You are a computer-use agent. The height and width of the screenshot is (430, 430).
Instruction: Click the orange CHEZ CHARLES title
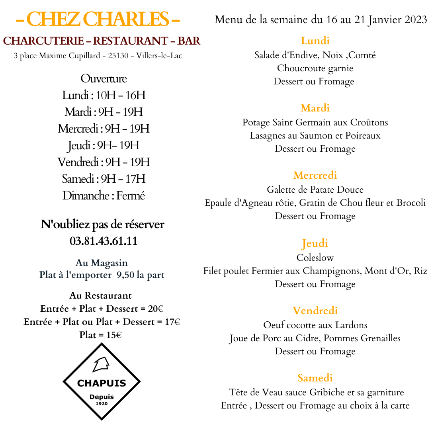98,19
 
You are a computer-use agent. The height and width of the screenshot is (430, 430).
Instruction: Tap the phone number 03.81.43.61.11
104,241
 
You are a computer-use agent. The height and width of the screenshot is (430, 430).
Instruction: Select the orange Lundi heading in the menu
315,41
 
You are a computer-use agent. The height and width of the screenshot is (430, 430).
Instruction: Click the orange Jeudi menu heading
315,243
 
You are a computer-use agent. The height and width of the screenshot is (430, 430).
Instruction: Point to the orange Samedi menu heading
315,378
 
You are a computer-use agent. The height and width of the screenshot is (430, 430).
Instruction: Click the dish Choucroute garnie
315,68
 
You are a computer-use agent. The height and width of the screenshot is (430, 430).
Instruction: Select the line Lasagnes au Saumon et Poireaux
315,135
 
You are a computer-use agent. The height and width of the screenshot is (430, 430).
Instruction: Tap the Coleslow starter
315,258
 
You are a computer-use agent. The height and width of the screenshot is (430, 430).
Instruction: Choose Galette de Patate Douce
315,190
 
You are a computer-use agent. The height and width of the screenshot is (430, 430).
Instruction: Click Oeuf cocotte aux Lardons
315,325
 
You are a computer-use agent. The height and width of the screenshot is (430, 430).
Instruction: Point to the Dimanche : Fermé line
104,195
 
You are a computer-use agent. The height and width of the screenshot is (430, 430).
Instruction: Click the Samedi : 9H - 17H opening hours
104,179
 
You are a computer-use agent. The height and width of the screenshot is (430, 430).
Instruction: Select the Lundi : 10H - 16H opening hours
104,95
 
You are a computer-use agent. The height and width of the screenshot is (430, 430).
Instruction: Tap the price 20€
156,309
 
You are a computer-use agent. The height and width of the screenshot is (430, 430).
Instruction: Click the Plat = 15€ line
100,335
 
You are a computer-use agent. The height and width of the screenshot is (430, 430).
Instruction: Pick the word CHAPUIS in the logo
102,383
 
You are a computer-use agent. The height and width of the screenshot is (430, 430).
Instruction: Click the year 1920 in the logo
102,404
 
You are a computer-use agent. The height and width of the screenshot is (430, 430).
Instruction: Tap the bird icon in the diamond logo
101,365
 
